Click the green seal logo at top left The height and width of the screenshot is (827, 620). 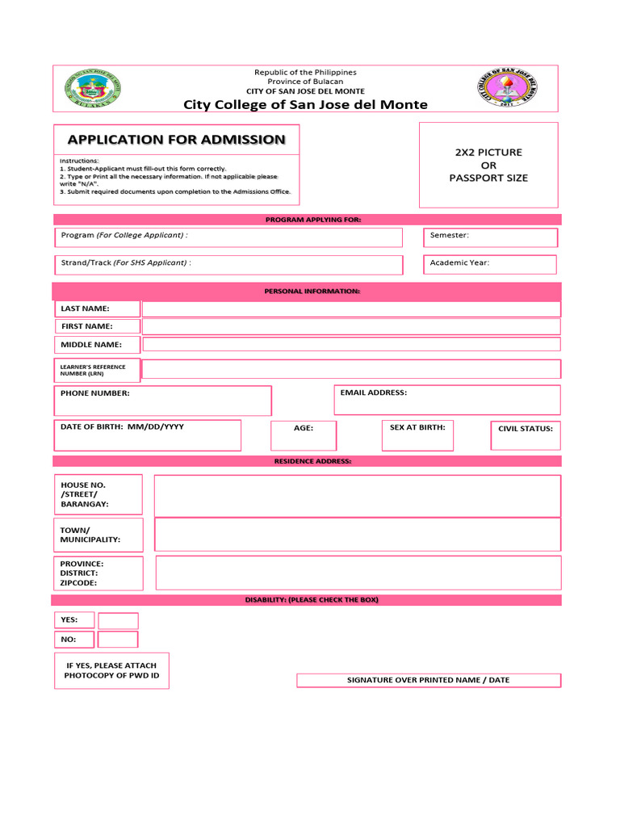[x=93, y=88]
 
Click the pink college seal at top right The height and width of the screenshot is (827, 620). [x=507, y=88]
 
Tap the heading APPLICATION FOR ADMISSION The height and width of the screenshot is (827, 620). [x=176, y=140]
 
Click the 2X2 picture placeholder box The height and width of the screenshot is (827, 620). [x=488, y=165]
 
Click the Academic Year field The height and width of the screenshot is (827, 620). [x=491, y=264]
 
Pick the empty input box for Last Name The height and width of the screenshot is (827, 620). [x=350, y=309]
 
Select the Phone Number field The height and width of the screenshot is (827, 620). [x=163, y=401]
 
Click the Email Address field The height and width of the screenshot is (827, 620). [x=446, y=400]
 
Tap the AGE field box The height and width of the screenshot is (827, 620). [x=304, y=435]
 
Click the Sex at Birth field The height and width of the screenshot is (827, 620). [x=417, y=435]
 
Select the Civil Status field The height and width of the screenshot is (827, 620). [x=525, y=435]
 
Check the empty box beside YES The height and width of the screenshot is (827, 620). [x=118, y=620]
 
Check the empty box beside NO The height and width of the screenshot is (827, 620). [x=118, y=639]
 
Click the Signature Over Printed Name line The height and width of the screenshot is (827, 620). [x=428, y=680]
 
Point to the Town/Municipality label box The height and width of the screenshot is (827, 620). [x=98, y=535]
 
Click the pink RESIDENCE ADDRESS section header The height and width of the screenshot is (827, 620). [x=307, y=461]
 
